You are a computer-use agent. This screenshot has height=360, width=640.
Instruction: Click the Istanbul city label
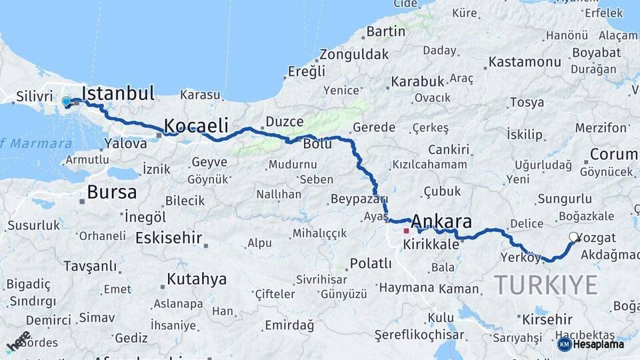click(118, 93)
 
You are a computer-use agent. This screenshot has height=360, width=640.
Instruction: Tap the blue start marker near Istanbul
click(66, 102)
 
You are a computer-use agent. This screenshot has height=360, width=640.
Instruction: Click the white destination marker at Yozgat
click(573, 237)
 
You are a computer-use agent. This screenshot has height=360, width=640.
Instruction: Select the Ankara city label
click(441, 222)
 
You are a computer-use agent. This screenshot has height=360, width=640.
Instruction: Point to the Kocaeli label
click(196, 125)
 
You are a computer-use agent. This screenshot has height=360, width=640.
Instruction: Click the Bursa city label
click(112, 193)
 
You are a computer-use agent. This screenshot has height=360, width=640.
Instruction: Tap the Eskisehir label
click(169, 238)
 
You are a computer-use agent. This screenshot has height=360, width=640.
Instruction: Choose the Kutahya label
click(196, 279)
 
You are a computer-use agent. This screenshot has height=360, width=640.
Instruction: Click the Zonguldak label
click(354, 54)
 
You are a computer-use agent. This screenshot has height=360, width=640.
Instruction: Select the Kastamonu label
click(525, 62)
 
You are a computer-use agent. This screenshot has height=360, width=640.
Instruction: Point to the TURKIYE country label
click(546, 285)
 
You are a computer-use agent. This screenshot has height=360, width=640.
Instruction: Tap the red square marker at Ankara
click(406, 231)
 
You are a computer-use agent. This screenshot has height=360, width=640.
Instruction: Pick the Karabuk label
click(417, 81)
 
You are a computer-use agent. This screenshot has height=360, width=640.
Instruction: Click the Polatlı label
click(371, 263)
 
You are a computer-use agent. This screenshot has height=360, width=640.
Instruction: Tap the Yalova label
click(127, 143)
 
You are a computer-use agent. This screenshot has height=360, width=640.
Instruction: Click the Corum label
click(614, 154)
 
